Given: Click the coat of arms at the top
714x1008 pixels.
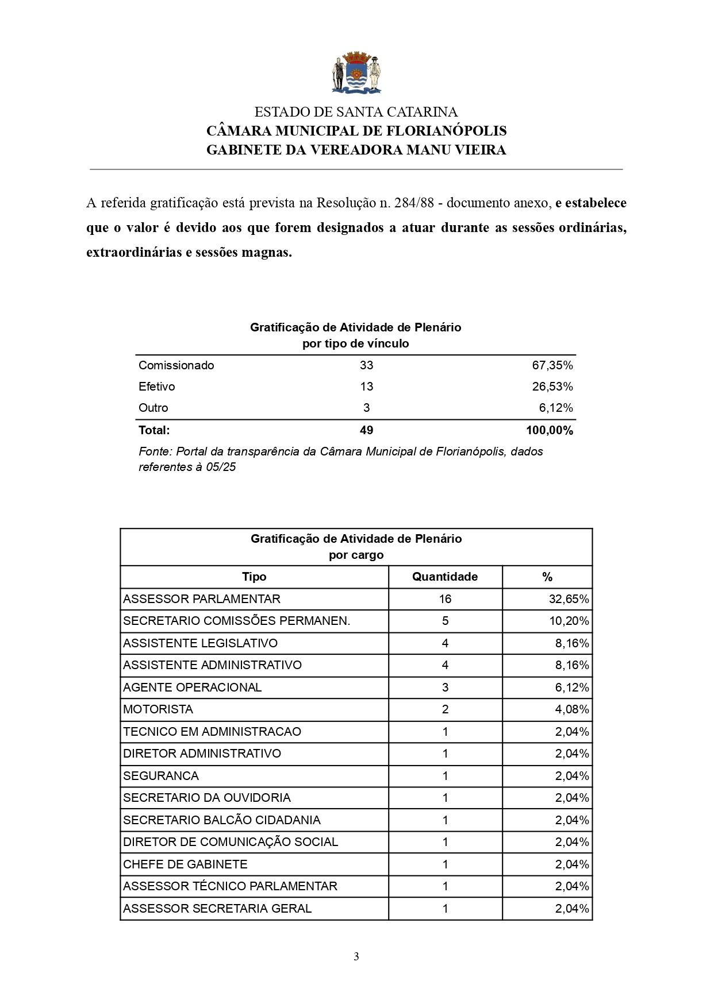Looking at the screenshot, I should pyautogui.click(x=356, y=73).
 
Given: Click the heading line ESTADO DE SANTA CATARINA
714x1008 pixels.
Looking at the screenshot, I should pyautogui.click(x=356, y=112).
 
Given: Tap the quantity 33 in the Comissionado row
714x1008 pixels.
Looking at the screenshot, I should pyautogui.click(x=366, y=365).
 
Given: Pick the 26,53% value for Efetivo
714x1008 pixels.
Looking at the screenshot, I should pyautogui.click(x=552, y=387).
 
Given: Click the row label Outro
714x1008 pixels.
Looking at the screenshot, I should pyautogui.click(x=153, y=408).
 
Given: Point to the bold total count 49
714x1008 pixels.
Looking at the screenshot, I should pyautogui.click(x=366, y=430).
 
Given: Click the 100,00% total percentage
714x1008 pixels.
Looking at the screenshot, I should pyautogui.click(x=549, y=430).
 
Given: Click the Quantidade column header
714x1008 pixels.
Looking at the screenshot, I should pyautogui.click(x=445, y=577).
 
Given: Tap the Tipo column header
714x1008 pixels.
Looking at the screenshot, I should pyautogui.click(x=254, y=577).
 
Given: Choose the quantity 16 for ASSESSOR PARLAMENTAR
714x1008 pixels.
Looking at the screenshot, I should pyautogui.click(x=445, y=599).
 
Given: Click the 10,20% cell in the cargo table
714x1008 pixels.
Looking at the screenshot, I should pyautogui.click(x=569, y=621).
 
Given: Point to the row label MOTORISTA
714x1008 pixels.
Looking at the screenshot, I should pyautogui.click(x=158, y=709).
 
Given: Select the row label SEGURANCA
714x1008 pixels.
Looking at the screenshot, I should pyautogui.click(x=161, y=776).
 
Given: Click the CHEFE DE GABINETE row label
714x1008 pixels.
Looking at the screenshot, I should pyautogui.click(x=185, y=864).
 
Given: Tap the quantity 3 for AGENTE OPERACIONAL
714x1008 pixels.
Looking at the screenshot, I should pyautogui.click(x=445, y=688).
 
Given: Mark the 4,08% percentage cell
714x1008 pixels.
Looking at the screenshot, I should pyautogui.click(x=571, y=709).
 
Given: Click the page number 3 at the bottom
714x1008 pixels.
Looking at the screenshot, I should pyautogui.click(x=356, y=956).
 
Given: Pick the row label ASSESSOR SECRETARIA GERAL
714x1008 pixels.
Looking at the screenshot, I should pyautogui.click(x=217, y=909).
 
